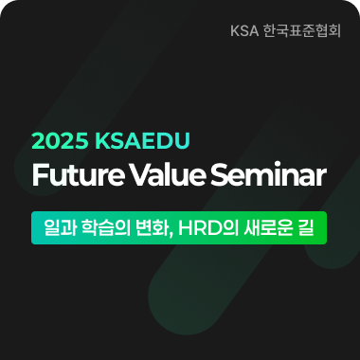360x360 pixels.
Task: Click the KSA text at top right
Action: point(244,30)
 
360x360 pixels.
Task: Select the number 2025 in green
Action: point(59,142)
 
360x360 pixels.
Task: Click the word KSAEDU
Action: point(143,142)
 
